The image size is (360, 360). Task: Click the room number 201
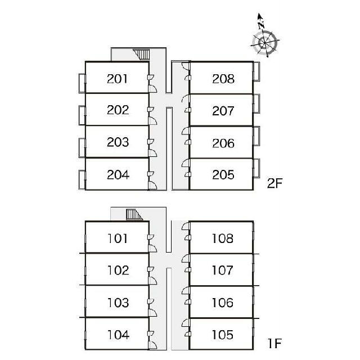[x=118, y=78]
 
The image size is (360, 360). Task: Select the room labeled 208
[x=223, y=78]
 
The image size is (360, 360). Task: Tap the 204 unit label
[x=118, y=174]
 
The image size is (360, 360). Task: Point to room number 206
[x=223, y=143]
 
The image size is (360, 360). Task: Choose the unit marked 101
[x=118, y=238]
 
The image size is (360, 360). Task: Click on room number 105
[x=223, y=335]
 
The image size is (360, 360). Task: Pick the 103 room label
[x=118, y=303]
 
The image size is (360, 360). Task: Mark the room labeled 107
[x=223, y=271]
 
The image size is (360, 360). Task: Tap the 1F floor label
[x=274, y=341]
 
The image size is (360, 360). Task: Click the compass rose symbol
[x=265, y=42]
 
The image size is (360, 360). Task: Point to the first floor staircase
[x=133, y=214]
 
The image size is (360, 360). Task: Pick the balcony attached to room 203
[x=82, y=147]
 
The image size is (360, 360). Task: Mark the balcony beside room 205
[x=256, y=169]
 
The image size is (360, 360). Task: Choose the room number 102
[x=118, y=271]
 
